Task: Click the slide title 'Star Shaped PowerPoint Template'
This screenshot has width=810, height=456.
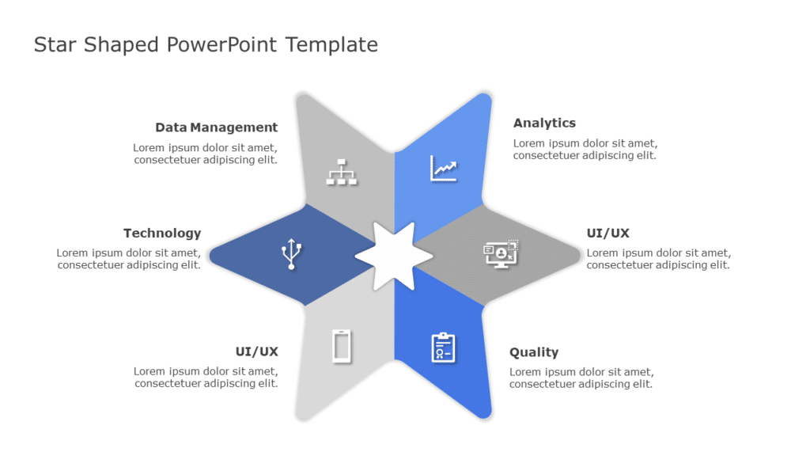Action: coord(206,44)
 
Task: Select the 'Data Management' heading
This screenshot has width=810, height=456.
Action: coord(216,127)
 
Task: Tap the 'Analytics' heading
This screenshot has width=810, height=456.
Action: coord(544,123)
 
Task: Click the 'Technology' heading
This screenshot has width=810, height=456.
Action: coord(162,234)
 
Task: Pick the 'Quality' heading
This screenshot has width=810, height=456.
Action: coord(534,352)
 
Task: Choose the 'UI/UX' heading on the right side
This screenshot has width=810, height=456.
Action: coord(607,234)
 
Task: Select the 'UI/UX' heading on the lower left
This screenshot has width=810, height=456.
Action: coord(256,352)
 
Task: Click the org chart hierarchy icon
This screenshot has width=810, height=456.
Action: coord(342,172)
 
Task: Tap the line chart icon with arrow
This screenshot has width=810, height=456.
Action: coord(444,168)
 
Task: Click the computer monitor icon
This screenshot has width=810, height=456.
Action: coord(501,253)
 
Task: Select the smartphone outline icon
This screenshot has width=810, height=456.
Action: coord(342,346)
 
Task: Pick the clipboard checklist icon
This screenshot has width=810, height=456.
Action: coord(443,348)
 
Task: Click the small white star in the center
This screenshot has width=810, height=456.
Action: coord(394,255)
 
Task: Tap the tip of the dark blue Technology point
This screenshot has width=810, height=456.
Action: coord(213,255)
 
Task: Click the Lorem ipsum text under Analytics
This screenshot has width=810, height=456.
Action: coord(585,150)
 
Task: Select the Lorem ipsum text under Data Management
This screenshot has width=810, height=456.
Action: coord(205,154)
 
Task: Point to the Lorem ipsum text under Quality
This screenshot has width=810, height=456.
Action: coord(581,378)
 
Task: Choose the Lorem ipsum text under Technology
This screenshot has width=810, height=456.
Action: coord(128,259)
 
